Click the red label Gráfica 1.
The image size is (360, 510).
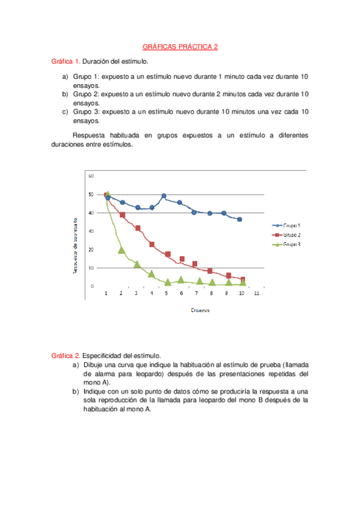tap(66, 61)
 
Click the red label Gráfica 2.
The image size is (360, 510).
tap(66, 356)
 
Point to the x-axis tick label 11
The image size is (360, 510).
tap(257, 293)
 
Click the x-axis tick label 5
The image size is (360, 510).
tap(166, 293)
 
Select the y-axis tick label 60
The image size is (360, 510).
tap(91, 176)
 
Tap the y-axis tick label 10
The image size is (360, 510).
tap(91, 268)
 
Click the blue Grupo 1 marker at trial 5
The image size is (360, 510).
tap(163, 196)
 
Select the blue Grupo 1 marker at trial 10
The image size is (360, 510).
tap(239, 220)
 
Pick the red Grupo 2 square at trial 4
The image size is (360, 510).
tap(152, 245)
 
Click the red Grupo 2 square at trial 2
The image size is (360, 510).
tap(122, 215)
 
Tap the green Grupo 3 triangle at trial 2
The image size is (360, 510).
tap(121, 250)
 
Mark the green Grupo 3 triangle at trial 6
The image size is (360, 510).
tap(181, 279)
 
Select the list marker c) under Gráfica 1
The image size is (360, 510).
tap(65, 112)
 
